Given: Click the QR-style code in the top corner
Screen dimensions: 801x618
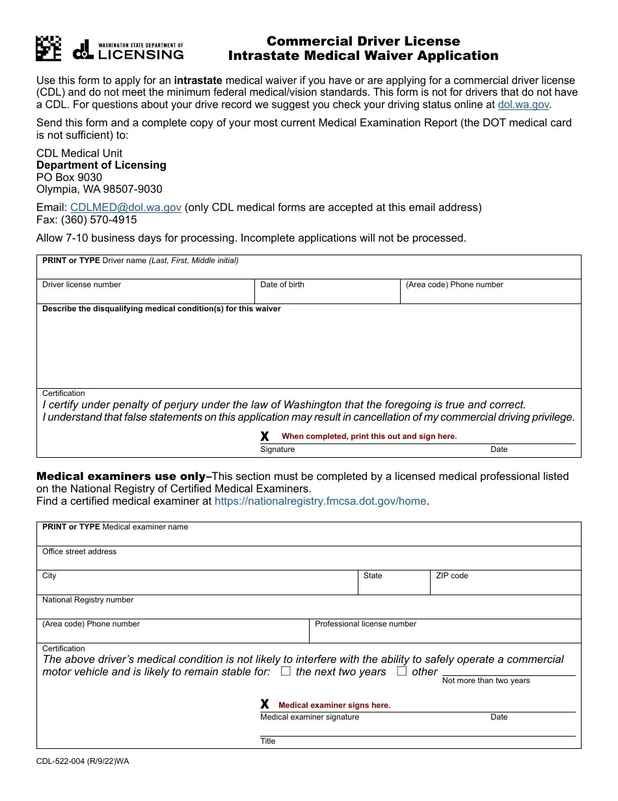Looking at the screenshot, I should [x=49, y=48].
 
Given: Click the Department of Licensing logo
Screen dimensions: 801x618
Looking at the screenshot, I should [x=128, y=50].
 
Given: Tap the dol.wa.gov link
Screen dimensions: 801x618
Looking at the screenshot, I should [x=524, y=104].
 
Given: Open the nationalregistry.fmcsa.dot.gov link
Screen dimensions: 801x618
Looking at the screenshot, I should [x=320, y=501].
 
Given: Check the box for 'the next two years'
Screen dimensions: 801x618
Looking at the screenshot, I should [x=286, y=671].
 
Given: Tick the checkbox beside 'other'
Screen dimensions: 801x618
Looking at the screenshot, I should [x=402, y=671].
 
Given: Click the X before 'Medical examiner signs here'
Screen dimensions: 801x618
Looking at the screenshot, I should [x=265, y=705].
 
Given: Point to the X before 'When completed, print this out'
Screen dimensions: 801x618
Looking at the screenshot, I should [x=265, y=436].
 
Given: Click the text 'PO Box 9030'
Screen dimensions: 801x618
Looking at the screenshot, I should [x=69, y=177].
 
